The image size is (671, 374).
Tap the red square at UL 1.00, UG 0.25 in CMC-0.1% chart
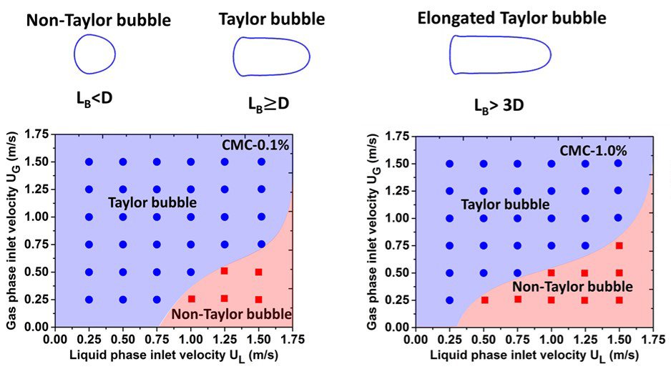(191, 299)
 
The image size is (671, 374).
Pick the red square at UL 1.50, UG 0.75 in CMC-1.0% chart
(619, 245)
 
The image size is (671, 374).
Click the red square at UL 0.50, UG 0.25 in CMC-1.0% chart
(484, 300)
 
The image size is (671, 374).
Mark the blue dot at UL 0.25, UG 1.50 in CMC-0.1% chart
(89, 162)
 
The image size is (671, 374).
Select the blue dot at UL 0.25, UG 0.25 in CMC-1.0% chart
(449, 300)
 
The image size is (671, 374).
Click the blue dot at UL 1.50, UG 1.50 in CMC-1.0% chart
(618, 163)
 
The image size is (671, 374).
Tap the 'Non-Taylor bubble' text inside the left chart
(232, 314)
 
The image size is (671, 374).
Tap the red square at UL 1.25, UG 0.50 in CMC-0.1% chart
(225, 271)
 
